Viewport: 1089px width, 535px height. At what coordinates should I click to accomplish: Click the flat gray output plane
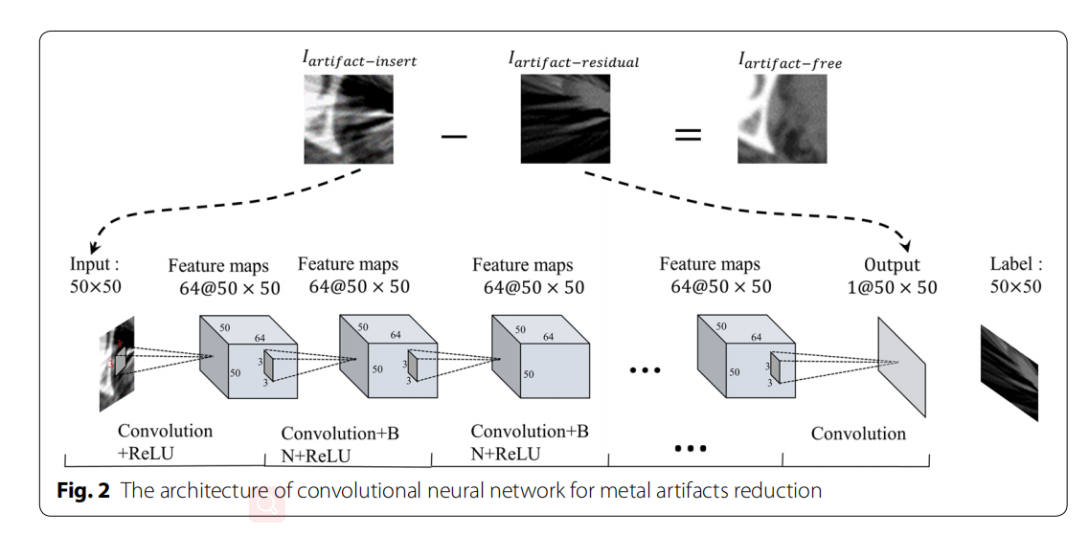(901, 366)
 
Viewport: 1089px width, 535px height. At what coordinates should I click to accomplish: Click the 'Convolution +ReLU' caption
(164, 441)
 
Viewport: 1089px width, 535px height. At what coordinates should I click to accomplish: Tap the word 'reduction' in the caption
(779, 491)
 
